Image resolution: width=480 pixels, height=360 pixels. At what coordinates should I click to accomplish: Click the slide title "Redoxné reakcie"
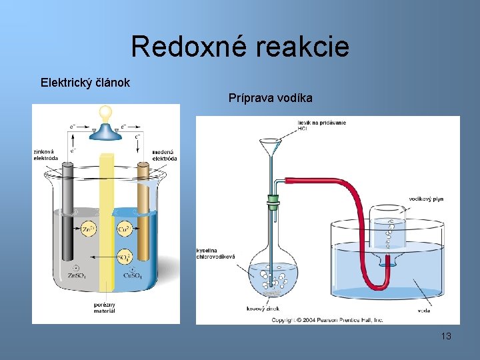click(240, 47)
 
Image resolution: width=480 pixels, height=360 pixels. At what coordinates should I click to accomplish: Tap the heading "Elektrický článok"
click(85, 83)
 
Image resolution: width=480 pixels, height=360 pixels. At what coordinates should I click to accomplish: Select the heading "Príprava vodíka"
click(270, 98)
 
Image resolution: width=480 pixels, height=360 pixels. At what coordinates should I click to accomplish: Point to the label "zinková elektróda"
click(46, 155)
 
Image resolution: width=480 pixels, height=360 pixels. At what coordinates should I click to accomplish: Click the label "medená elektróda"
click(164, 155)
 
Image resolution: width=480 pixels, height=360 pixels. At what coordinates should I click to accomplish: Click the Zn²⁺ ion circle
click(87, 229)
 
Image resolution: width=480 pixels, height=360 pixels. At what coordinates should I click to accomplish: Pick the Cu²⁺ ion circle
click(124, 229)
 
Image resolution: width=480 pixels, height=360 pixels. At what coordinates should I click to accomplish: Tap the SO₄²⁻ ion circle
click(124, 257)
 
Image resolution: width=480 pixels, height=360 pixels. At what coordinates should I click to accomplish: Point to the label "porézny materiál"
click(105, 308)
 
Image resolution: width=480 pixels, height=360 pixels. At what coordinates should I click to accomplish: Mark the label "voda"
click(423, 310)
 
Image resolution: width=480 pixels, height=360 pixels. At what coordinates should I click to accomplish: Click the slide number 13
click(446, 336)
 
